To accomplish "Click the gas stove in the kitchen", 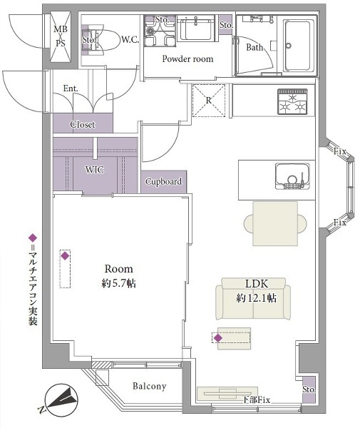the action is pos(293,101).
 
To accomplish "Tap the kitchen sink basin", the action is pos(292,176).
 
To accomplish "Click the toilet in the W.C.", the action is pos(101,40).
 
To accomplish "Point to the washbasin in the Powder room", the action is pos(195,28).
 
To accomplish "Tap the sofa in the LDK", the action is pos(253,299).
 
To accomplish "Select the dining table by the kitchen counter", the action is pos(275,223).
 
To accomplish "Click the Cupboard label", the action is pos(163,181).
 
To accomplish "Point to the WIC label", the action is pos(95,170).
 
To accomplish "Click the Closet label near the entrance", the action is pos(83,124).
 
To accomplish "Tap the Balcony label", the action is pos(149,386).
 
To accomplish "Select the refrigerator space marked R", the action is pos(209,101).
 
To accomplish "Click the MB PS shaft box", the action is pos(61,36).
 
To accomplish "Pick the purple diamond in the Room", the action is pos(65,256).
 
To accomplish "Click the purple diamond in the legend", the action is pos(33,238).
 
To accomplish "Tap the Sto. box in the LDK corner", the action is pos(309,389).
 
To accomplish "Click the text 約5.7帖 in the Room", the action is pos(118,284).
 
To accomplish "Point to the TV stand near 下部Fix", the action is pos(227,394).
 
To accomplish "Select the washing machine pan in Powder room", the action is pos(160,30).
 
